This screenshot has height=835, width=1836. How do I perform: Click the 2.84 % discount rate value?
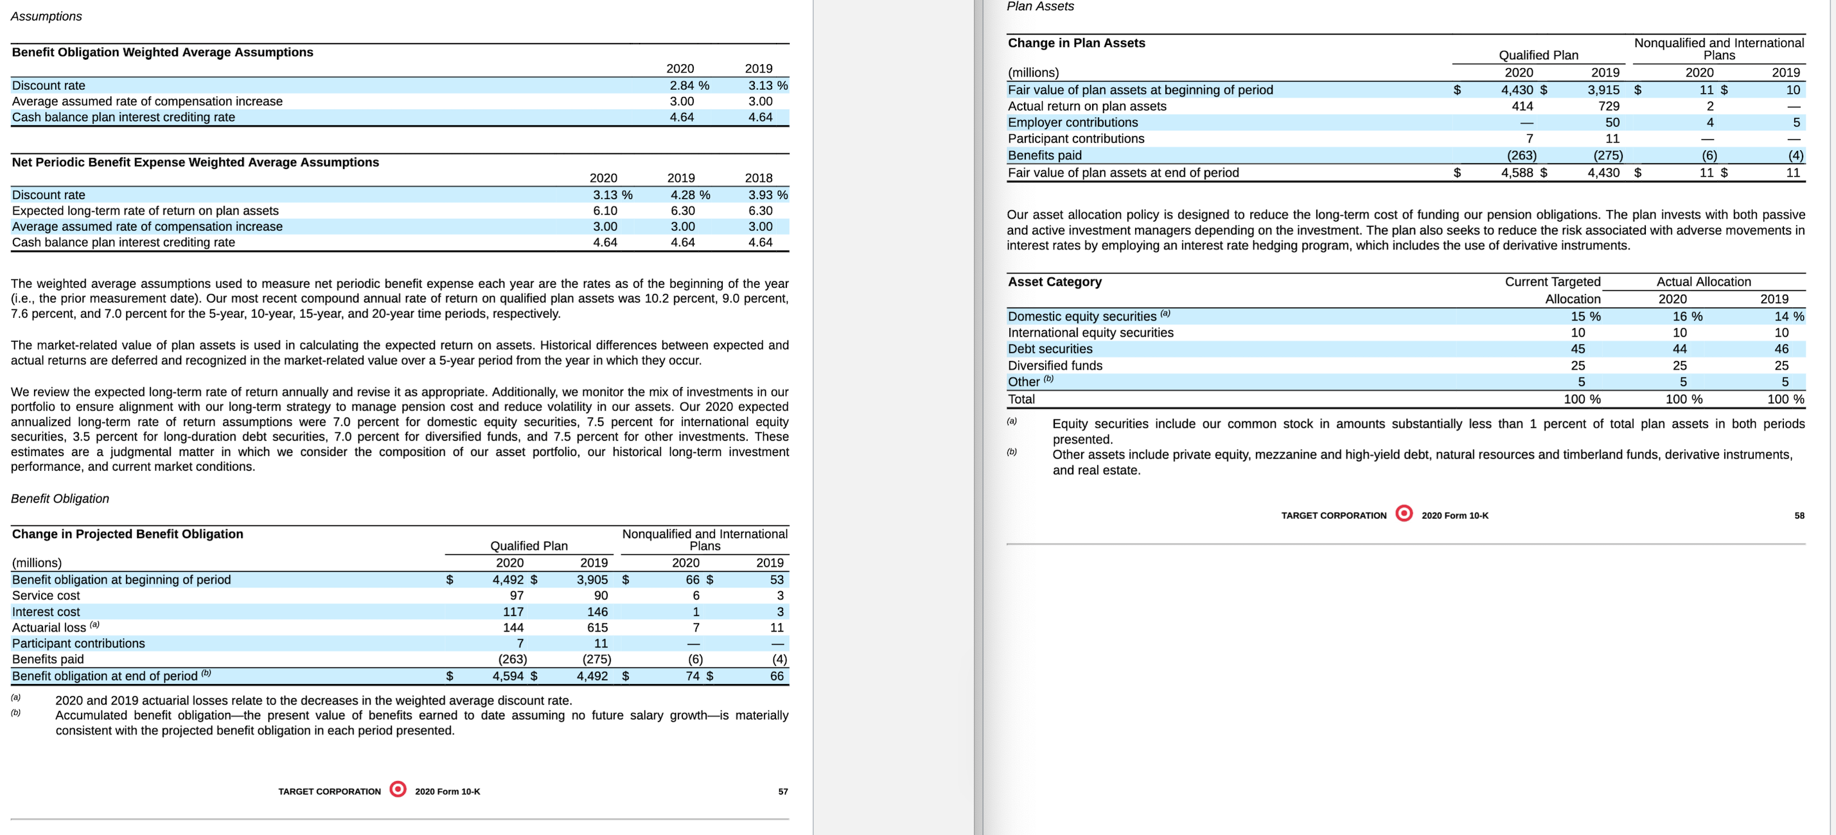tap(689, 85)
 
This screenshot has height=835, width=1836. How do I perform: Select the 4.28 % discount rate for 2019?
tap(689, 195)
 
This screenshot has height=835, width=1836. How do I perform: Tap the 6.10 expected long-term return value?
tap(605, 211)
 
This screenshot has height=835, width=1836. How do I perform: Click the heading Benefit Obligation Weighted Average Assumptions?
tap(163, 52)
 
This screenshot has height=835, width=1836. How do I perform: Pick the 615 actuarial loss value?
tap(597, 628)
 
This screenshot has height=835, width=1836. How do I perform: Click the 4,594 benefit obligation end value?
tap(509, 676)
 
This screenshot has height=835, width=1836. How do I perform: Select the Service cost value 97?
tap(516, 595)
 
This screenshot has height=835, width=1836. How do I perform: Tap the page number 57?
tap(782, 791)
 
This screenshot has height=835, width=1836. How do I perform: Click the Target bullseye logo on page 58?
tap(1404, 514)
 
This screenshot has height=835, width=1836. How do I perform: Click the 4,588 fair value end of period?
tap(1517, 172)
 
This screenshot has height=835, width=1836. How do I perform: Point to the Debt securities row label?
tap(1049, 349)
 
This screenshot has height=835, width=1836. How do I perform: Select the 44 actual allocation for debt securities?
tap(1679, 349)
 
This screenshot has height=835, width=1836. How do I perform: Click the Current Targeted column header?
tap(1552, 282)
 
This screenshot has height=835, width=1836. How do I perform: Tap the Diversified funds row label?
tap(1054, 365)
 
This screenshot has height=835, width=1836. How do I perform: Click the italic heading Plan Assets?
tap(1039, 6)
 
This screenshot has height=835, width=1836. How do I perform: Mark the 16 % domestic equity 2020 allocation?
tap(1687, 316)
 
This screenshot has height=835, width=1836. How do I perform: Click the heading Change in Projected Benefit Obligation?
tap(128, 534)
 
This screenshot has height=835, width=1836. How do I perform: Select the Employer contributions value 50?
tap(1612, 123)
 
